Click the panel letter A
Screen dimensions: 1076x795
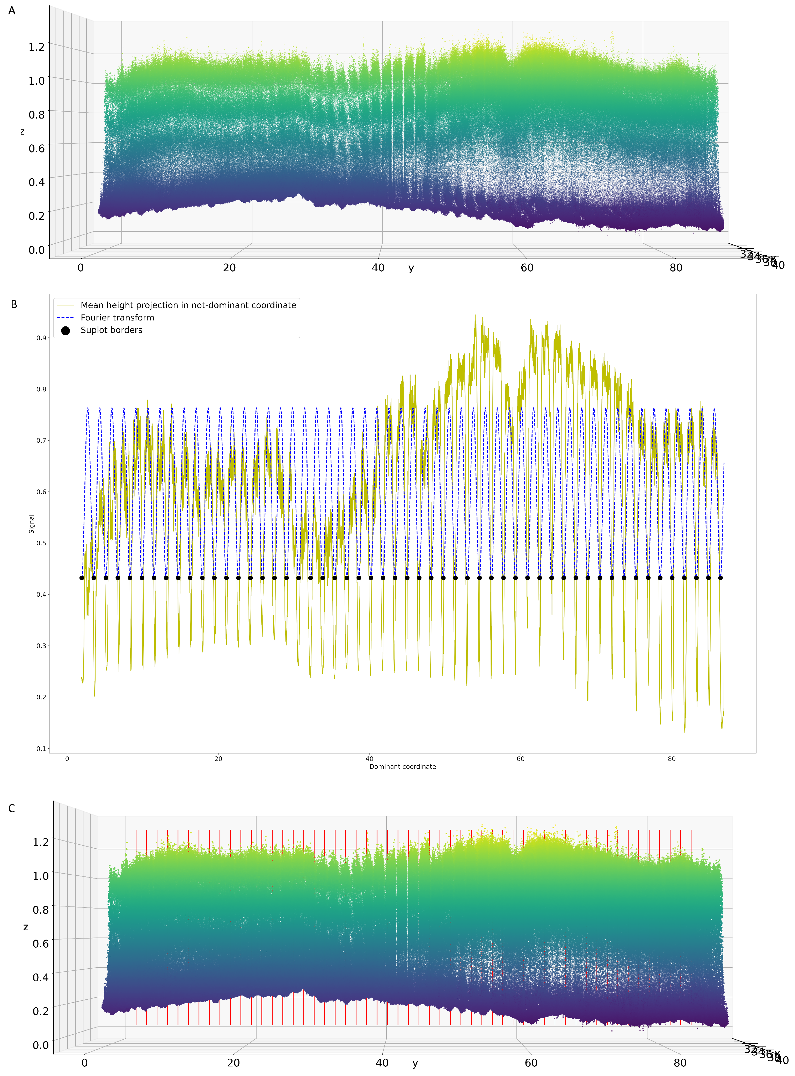pos(12,11)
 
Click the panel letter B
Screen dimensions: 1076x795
pos(14,305)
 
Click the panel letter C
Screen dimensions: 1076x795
pos(12,808)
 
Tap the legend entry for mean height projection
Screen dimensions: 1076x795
pos(188,305)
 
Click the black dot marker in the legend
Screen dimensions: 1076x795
pos(65,331)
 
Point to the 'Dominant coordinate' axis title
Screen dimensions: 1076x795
pos(402,767)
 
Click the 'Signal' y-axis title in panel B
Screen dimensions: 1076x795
pos(32,524)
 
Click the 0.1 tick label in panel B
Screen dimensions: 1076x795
pos(41,749)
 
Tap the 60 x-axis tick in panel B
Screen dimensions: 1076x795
pos(520,759)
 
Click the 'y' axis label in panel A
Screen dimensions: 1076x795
pos(411,268)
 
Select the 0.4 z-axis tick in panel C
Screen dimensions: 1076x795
pos(41,977)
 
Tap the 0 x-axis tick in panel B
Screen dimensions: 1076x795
pos(67,759)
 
